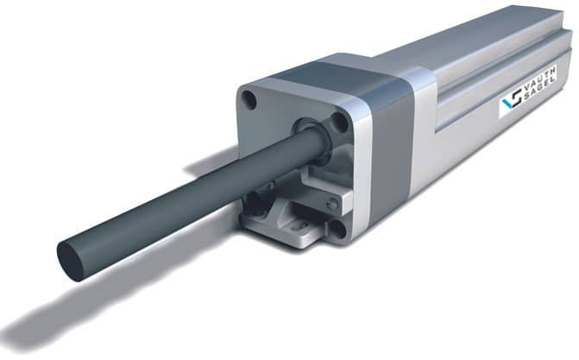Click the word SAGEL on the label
[541, 91]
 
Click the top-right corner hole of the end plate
[340, 123]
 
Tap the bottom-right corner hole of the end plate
[338, 229]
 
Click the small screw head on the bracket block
[333, 203]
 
